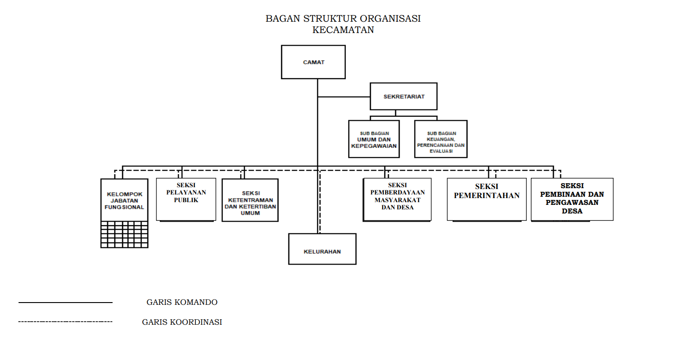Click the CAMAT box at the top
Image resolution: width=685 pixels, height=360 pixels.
tap(313, 62)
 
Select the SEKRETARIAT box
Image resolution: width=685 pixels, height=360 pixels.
tap(404, 96)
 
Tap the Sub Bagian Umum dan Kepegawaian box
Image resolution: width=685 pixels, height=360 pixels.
tap(374, 139)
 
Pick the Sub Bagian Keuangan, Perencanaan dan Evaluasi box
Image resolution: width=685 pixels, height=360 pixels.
tap(441, 139)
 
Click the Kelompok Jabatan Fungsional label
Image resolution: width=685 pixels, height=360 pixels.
tap(124, 201)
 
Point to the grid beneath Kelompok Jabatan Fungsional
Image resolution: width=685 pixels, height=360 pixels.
tap(124, 234)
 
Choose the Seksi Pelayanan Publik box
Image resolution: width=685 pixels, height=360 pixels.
tap(186, 199)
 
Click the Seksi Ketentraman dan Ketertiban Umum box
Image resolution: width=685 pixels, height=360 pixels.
tap(250, 200)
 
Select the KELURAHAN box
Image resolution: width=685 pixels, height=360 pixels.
tap(322, 249)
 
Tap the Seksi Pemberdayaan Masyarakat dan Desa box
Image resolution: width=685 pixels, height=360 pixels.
tap(397, 199)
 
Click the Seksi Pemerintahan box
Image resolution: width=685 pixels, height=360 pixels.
tap(487, 199)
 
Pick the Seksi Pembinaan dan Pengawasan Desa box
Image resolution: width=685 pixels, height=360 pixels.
tap(572, 199)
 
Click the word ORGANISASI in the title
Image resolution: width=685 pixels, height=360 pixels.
tap(390, 19)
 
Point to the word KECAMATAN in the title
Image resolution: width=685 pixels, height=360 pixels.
tap(343, 30)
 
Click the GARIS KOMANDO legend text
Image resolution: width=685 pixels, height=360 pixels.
tap(182, 302)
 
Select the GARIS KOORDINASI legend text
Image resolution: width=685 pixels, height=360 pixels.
tap(182, 322)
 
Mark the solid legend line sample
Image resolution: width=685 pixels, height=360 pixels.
tap(66, 303)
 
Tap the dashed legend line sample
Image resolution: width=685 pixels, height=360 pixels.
tap(66, 322)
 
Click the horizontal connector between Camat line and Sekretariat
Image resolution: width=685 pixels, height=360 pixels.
tap(344, 97)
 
